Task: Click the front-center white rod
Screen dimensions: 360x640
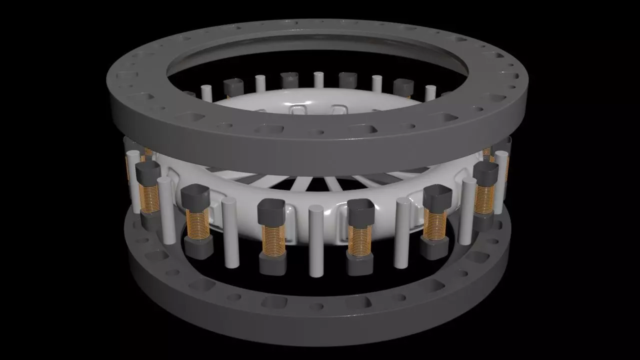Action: click(316, 240)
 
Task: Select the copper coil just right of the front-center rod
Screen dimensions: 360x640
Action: click(359, 239)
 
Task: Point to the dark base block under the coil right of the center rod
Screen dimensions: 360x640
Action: click(359, 265)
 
